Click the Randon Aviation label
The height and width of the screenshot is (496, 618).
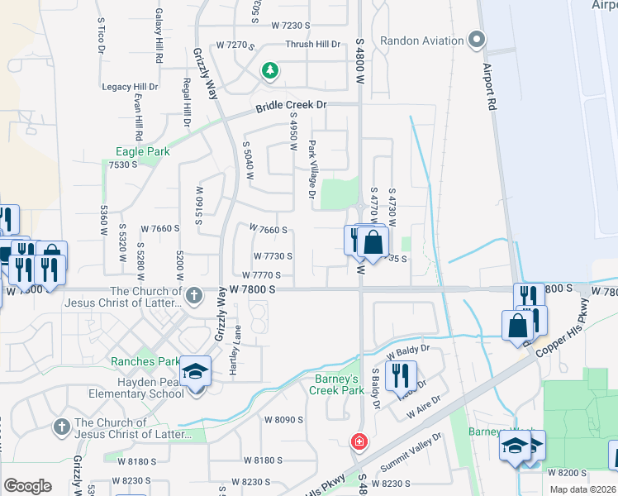(x=421, y=41)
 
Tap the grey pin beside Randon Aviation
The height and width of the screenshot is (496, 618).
(x=476, y=40)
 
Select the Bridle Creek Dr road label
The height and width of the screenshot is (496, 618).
(x=292, y=107)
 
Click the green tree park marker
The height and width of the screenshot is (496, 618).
(x=269, y=71)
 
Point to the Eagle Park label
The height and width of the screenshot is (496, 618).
(x=142, y=151)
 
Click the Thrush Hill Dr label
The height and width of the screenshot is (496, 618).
(x=313, y=45)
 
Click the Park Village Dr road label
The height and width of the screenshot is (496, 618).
(x=312, y=169)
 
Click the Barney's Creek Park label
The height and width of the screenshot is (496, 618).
(x=337, y=385)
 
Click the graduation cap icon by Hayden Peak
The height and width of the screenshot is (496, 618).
(x=197, y=372)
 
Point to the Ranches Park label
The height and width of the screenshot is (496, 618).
(x=145, y=361)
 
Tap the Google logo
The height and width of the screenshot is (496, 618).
(x=28, y=486)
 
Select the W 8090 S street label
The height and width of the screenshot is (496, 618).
(x=284, y=420)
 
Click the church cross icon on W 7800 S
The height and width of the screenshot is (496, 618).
(x=193, y=294)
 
